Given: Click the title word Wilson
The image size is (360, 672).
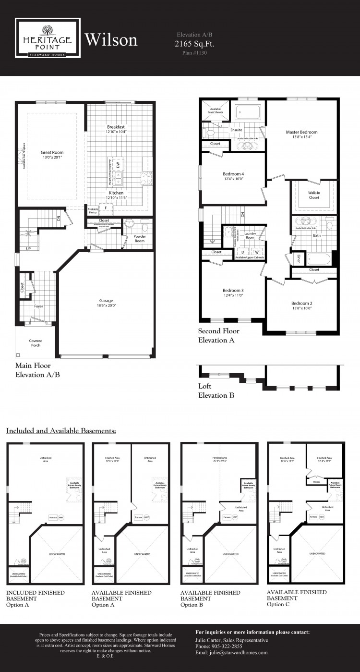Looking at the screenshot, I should pyautogui.click(x=111, y=40).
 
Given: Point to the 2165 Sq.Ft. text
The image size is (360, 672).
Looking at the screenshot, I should pyautogui.click(x=194, y=44).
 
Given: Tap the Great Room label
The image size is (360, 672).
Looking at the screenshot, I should pyautogui.click(x=52, y=152).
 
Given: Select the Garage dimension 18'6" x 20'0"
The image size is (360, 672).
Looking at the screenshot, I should pyautogui.click(x=106, y=306).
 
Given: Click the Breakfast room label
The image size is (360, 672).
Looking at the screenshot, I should pyautogui.click(x=116, y=127).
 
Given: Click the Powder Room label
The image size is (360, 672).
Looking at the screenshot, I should pyautogui.click(x=140, y=239).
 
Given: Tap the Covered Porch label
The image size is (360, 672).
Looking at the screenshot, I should pyautogui.click(x=36, y=342).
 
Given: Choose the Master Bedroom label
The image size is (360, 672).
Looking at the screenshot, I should pyautogui.click(x=301, y=132).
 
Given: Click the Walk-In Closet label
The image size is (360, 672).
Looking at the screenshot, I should pyautogui.click(x=314, y=195).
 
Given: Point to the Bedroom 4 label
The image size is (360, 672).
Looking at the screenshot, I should pyautogui.click(x=233, y=174).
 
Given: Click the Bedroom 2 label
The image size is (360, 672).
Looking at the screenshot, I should pyautogui.click(x=301, y=303).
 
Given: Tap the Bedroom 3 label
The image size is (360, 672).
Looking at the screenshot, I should pyautogui.click(x=233, y=290).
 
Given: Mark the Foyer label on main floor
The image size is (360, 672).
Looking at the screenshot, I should pyautogui.click(x=38, y=306).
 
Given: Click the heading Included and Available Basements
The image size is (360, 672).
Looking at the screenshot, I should pyautogui.click(x=61, y=430).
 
